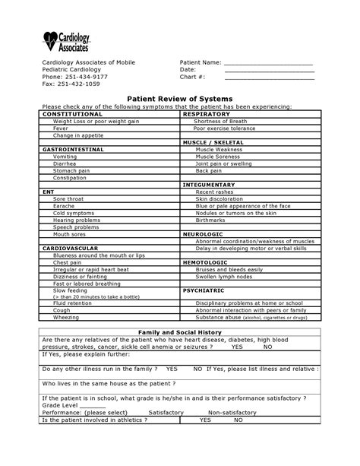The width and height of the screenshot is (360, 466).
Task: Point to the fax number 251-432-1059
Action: pyautogui.click(x=82, y=84)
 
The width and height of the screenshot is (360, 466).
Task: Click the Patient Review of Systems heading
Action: pyautogui.click(x=179, y=100)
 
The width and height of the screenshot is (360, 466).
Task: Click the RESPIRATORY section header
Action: pyautogui.click(x=206, y=113)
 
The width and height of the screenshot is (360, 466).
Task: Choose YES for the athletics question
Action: pyautogui.click(x=205, y=419)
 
